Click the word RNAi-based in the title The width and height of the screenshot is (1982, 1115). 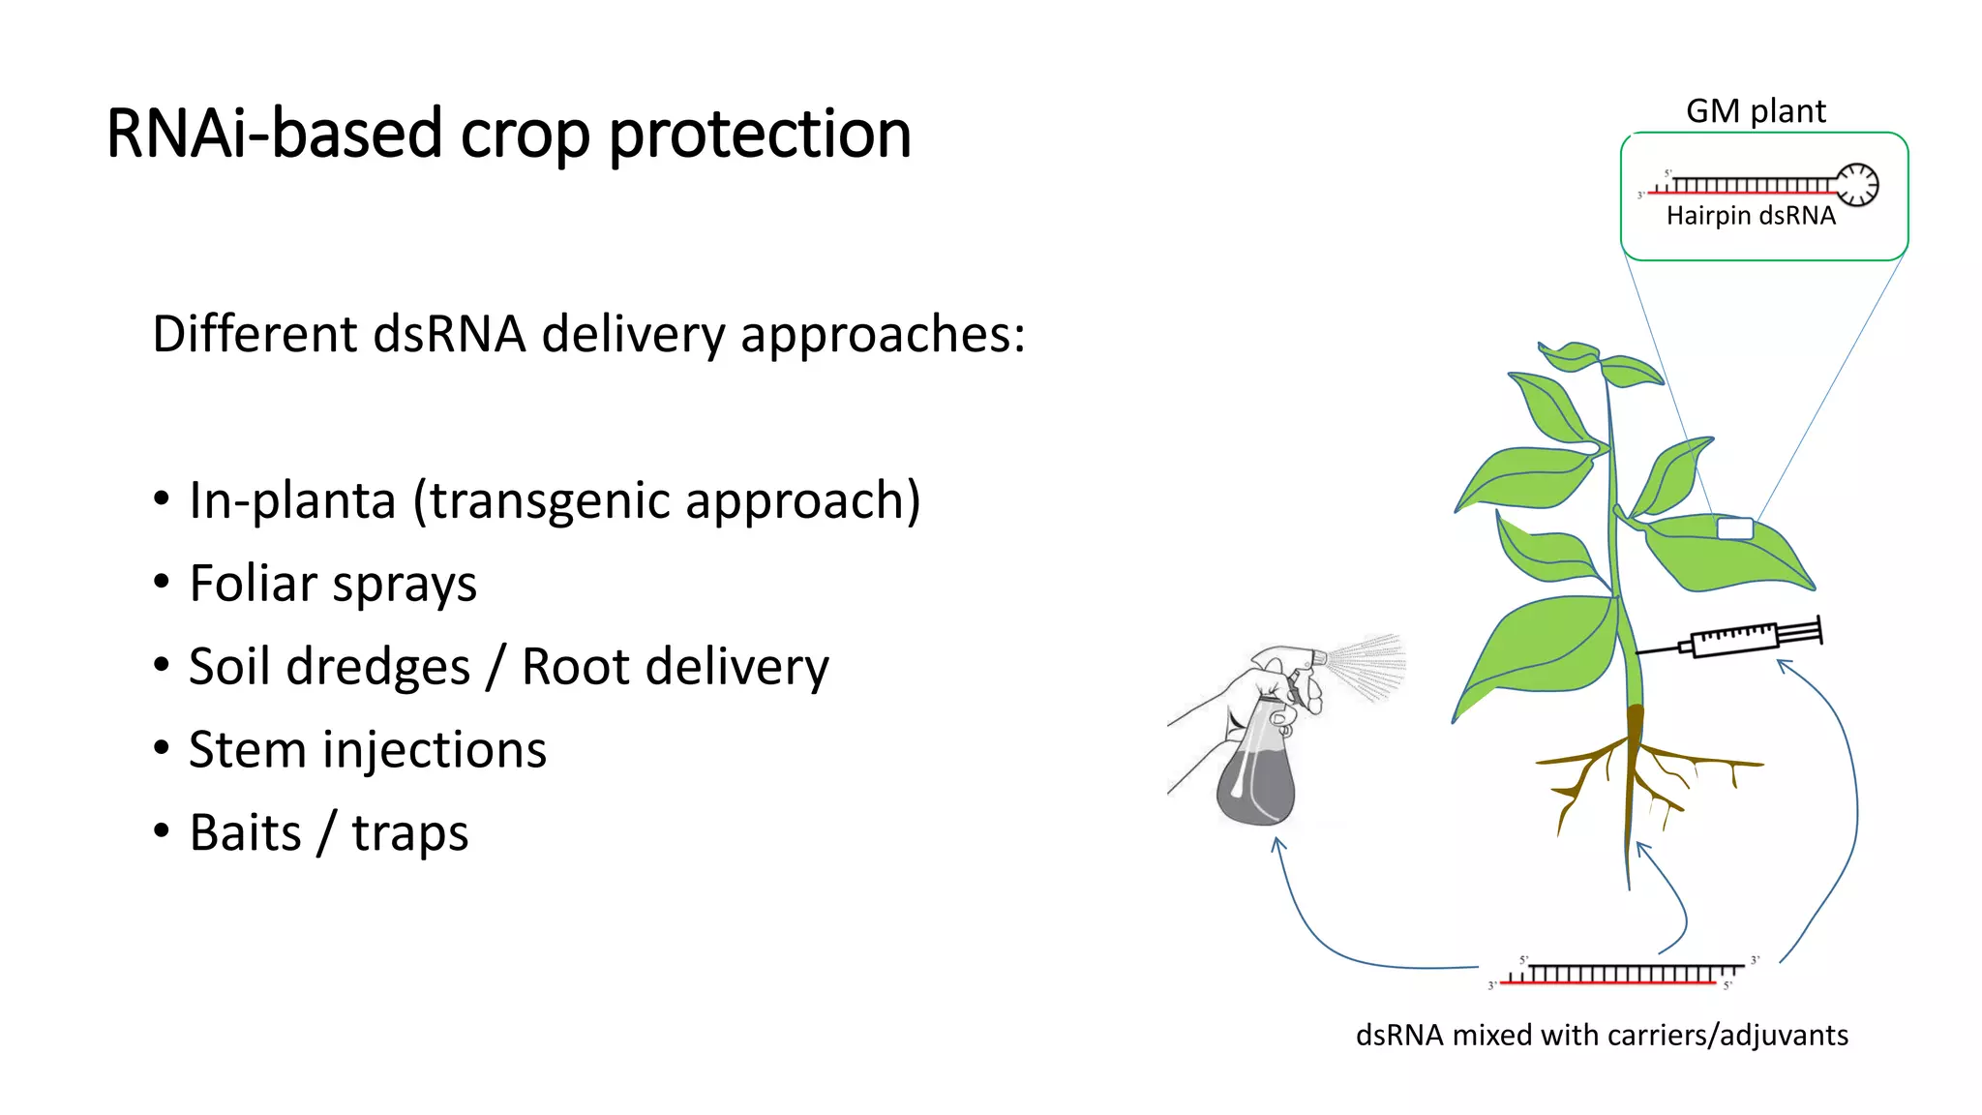[x=274, y=134]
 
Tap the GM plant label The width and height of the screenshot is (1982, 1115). [x=1755, y=111]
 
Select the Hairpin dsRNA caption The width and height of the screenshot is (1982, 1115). [x=1750, y=216]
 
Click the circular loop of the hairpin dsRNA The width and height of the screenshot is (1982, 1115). [x=1857, y=184]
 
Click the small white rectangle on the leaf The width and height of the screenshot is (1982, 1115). [x=1734, y=528]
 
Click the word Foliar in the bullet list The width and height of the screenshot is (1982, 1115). [x=254, y=584]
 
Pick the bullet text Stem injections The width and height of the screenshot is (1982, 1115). [x=368, y=750]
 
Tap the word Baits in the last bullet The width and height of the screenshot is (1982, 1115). [x=246, y=833]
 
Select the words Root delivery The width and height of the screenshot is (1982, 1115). [x=675, y=667]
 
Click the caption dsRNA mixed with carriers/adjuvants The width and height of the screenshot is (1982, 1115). [x=1602, y=1035]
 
